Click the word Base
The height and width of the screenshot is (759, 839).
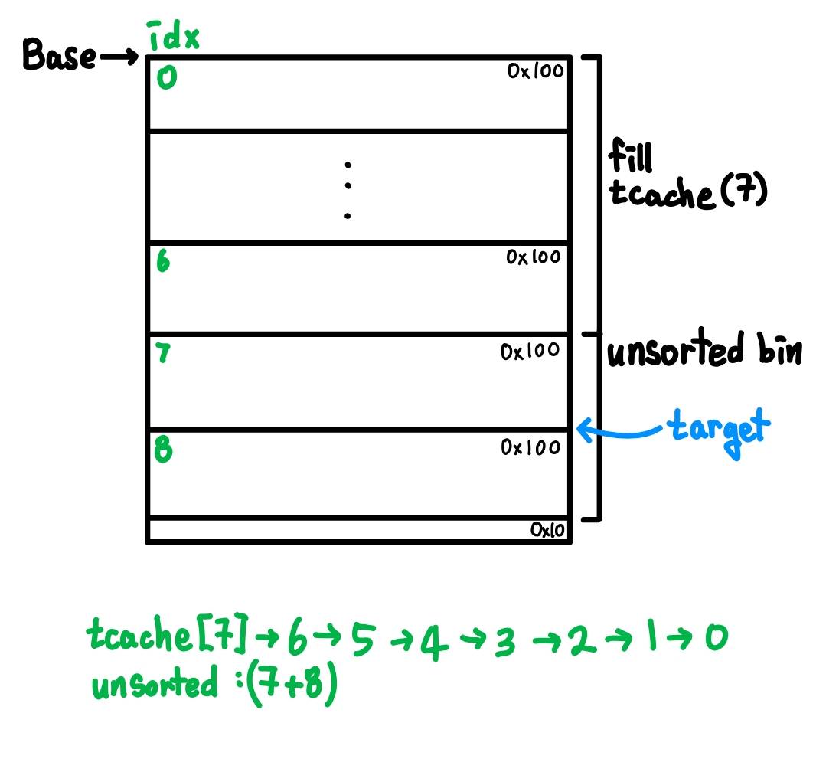pos(59,54)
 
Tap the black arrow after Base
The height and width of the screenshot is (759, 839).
pos(119,56)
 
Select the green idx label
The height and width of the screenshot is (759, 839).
pos(173,36)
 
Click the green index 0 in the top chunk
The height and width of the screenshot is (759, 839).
pos(166,77)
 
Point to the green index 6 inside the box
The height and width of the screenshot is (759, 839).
pos(163,260)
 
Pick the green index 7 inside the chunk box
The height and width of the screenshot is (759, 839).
pos(162,352)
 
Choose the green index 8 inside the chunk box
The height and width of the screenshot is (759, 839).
pos(163,449)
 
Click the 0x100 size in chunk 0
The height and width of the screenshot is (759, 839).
pos(535,70)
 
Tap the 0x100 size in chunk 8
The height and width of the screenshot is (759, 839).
pos(530,447)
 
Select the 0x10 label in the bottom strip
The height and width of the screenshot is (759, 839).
pos(547,530)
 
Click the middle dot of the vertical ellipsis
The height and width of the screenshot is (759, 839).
pos(348,186)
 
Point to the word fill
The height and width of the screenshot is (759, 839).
pos(630,155)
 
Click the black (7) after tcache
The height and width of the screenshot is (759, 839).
pos(744,191)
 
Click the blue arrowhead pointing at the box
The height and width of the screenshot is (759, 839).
pos(585,430)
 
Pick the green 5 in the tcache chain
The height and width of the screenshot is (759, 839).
pos(362,639)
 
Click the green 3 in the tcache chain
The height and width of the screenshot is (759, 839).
pos(504,641)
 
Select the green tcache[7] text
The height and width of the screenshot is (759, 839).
pos(168,634)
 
